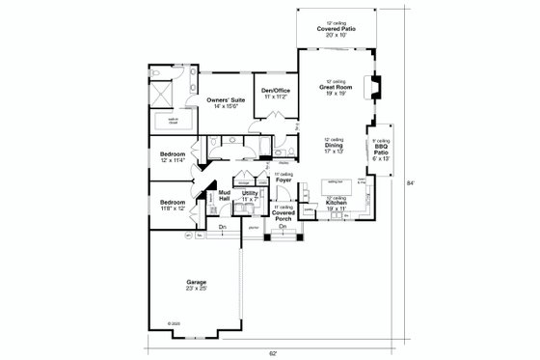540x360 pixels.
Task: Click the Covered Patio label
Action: [333, 29]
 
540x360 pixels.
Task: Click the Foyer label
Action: [283, 179]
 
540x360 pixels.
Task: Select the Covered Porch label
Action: [283, 215]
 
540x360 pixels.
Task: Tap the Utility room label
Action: [250, 194]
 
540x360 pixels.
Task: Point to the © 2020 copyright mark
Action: [172, 321]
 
